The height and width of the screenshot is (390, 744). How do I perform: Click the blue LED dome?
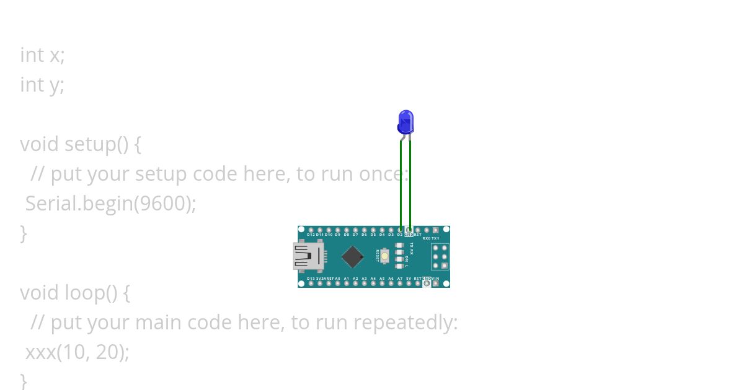tap(405, 121)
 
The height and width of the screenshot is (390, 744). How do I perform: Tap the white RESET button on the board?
tap(385, 256)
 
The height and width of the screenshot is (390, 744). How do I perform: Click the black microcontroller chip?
tap(352, 256)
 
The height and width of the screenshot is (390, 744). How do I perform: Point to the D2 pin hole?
tap(401, 230)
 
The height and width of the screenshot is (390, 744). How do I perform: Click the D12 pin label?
tap(311, 235)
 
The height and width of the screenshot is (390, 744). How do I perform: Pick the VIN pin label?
tap(435, 279)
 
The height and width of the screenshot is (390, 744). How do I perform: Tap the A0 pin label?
tap(337, 279)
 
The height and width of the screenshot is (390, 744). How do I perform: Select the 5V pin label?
tap(409, 279)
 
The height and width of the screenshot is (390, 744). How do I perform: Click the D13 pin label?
tap(311, 279)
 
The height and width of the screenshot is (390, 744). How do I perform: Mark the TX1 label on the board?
tap(435, 238)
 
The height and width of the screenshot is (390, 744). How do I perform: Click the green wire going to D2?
tap(401, 186)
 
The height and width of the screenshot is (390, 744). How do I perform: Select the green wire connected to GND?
tap(410, 186)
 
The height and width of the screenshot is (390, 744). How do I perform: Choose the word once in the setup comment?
tap(383, 174)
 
